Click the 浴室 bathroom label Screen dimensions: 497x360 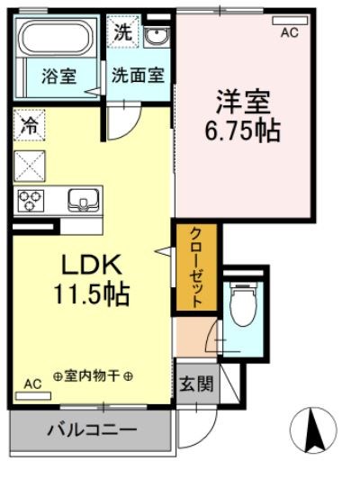click(60, 77)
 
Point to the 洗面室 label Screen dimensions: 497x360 click(138, 77)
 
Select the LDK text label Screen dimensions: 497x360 click(90, 266)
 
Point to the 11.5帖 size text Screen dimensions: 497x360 click(92, 294)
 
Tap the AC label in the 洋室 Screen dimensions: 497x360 click(289, 32)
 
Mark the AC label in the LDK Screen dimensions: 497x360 click(32, 384)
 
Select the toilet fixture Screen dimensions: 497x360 click(240, 303)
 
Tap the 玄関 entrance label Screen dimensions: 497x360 click(195, 385)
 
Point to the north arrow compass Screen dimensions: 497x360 click(315, 430)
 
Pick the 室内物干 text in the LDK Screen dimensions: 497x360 click(93, 375)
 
